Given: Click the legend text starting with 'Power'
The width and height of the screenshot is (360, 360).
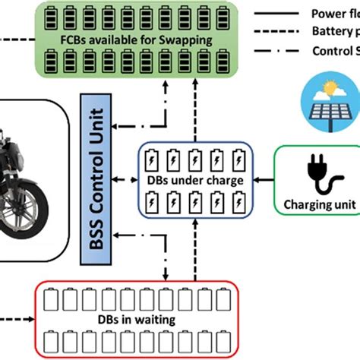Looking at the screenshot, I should tap(334, 13).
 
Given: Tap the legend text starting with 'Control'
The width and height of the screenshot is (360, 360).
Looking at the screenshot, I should tap(334, 51).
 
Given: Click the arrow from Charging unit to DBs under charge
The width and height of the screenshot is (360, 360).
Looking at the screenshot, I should tap(262, 181).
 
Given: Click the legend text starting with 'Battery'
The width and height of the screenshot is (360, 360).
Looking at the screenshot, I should tap(334, 32).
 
